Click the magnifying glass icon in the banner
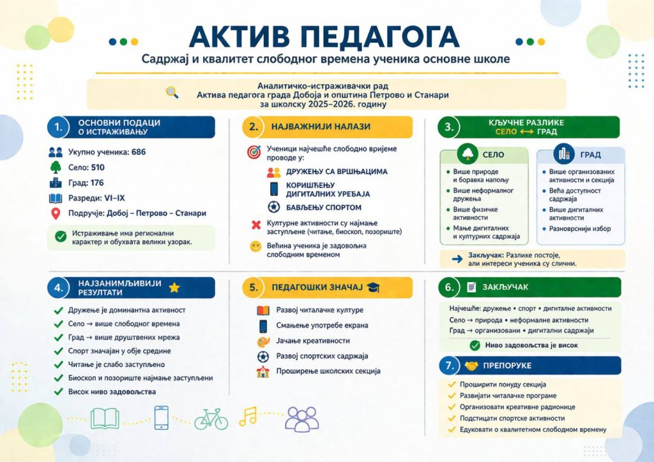pyautogui.click(x=172, y=92)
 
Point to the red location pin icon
pyautogui.click(x=55, y=213)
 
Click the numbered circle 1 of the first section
pyautogui.click(x=58, y=127)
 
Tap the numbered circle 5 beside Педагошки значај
pyautogui.click(x=254, y=288)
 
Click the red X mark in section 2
pyautogui.click(x=256, y=225)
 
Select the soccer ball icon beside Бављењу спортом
pyautogui.click(x=274, y=207)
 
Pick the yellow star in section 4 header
pyautogui.click(x=174, y=288)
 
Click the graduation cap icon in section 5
pyautogui.click(x=373, y=288)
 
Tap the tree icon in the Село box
pyautogui.click(x=468, y=154)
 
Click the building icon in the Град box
pyautogui.click(x=564, y=154)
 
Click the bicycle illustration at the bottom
pyautogui.click(x=211, y=418)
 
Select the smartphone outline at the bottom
pyautogui.click(x=162, y=418)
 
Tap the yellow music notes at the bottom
pyautogui.click(x=248, y=417)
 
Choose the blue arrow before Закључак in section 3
pyautogui.click(x=457, y=258)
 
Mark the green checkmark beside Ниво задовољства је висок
pyautogui.click(x=475, y=345)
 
